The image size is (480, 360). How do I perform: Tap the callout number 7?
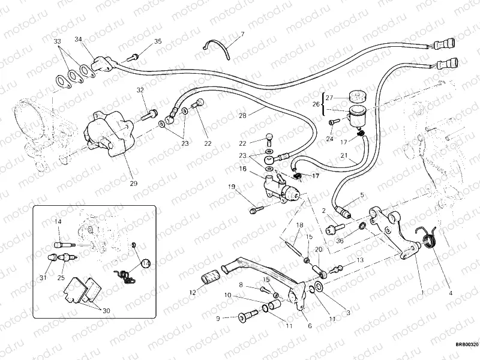243,34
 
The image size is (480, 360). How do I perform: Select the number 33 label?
58,41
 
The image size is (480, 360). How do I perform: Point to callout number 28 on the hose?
242,115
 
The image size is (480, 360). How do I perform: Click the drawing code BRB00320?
466,344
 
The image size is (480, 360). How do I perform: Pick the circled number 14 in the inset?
146,263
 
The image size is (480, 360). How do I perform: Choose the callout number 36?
340,241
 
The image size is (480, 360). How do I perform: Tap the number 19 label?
231,187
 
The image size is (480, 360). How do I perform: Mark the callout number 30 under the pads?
106,311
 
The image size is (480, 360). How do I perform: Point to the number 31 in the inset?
43,277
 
